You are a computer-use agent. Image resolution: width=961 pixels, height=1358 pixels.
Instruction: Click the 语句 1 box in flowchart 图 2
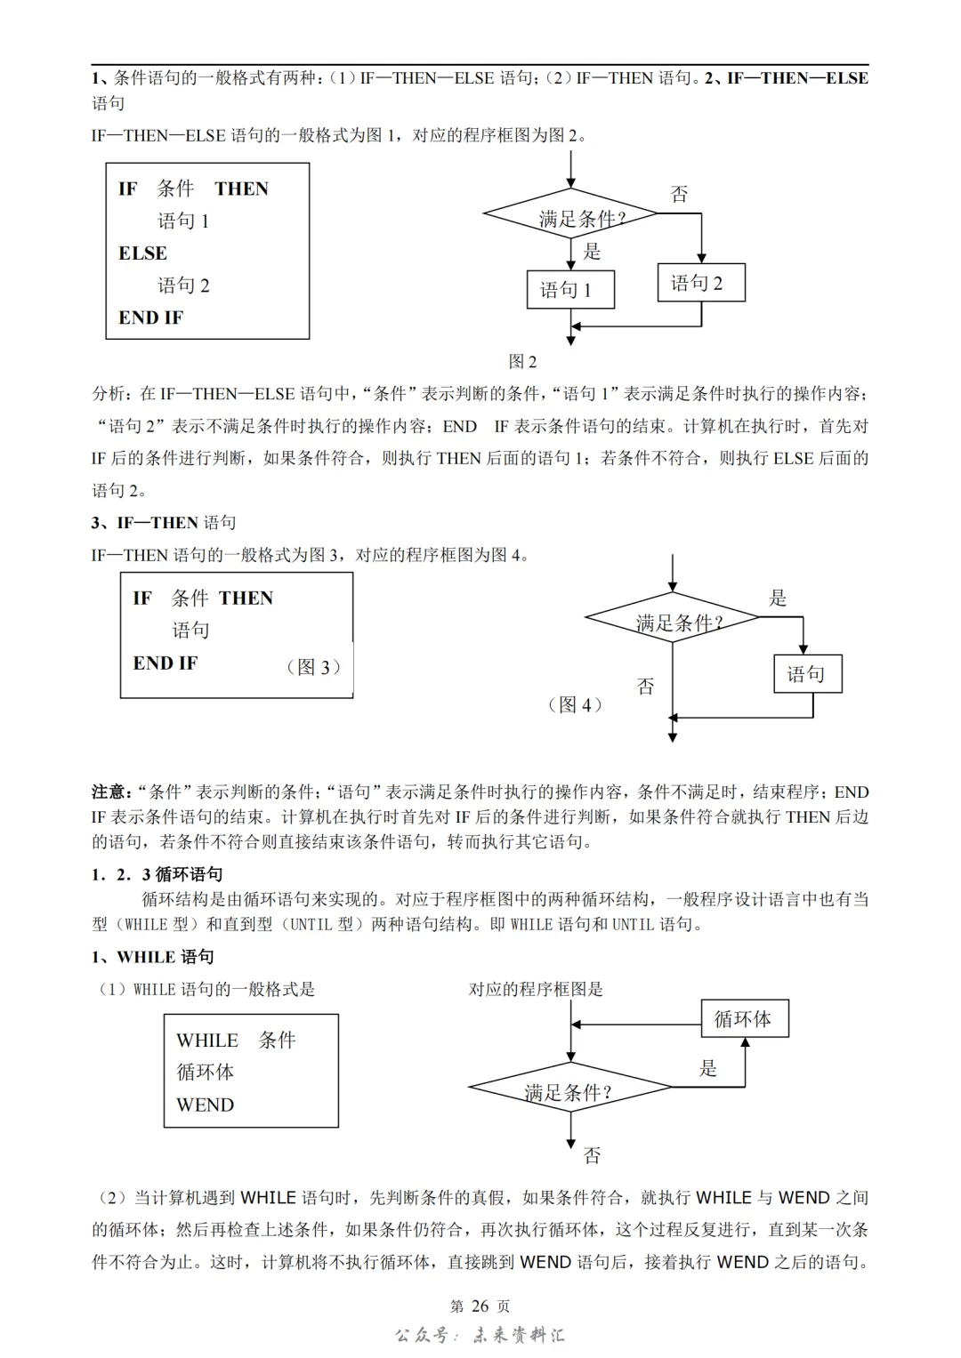(x=570, y=290)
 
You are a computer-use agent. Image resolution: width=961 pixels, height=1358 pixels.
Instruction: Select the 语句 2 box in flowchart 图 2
(x=701, y=283)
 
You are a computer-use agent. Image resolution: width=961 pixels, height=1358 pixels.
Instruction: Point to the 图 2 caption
(x=522, y=361)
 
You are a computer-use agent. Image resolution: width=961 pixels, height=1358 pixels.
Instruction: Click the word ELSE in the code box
(x=142, y=253)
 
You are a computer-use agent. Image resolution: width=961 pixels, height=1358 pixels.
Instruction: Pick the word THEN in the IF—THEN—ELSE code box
(x=241, y=189)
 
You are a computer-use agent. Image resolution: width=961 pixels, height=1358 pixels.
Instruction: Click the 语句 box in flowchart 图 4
(x=807, y=674)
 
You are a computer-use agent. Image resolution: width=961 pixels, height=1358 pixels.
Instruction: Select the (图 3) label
(x=313, y=667)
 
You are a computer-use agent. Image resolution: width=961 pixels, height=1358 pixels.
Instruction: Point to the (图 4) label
(x=575, y=705)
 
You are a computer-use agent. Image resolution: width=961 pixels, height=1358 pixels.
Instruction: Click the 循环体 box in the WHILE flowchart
(x=744, y=1019)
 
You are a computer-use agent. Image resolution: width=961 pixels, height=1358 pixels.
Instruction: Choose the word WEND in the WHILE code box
(x=205, y=1105)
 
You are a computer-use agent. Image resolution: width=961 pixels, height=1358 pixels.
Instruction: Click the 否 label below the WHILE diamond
(x=592, y=1155)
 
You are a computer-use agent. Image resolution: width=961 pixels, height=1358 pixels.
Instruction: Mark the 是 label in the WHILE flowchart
(x=708, y=1068)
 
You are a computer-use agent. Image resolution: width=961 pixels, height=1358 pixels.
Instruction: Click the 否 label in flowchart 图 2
(x=679, y=194)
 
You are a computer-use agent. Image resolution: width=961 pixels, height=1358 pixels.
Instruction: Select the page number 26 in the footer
(x=480, y=1306)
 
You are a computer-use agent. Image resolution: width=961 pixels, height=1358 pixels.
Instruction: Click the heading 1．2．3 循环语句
(x=157, y=874)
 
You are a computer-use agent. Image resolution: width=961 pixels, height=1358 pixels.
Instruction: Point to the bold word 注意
(x=109, y=791)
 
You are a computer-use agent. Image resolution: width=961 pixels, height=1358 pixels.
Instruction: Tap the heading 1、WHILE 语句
(x=152, y=957)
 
